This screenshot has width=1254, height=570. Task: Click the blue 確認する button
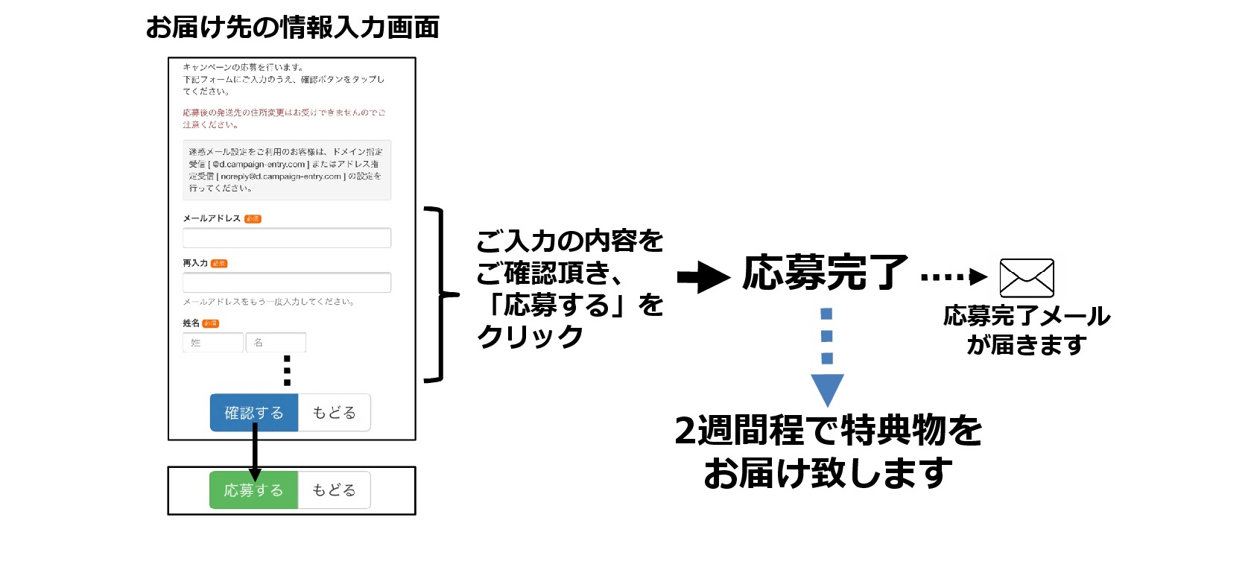tap(254, 413)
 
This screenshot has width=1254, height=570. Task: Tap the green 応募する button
tap(253, 490)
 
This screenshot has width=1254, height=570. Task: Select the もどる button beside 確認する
tap(334, 413)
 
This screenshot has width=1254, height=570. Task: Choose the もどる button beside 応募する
tap(334, 490)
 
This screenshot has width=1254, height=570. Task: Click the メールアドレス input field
tap(287, 238)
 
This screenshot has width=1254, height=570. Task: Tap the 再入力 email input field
tap(287, 282)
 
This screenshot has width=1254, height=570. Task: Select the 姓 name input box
tap(213, 343)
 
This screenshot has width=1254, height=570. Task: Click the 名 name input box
tap(276, 343)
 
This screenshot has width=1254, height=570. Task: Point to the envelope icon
tap(1026, 278)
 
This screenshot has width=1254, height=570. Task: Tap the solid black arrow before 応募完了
tap(703, 278)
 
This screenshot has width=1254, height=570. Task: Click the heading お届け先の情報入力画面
tap(292, 28)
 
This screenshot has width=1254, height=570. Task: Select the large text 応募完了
tap(825, 273)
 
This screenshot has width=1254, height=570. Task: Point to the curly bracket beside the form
tap(440, 295)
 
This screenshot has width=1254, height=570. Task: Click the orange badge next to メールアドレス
tap(253, 219)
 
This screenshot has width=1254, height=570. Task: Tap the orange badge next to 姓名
tap(211, 323)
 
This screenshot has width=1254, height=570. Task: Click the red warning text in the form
tap(284, 118)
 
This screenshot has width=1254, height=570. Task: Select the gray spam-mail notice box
tap(287, 170)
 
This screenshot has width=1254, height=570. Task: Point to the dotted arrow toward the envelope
tap(954, 278)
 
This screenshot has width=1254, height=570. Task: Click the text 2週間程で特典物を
tap(828, 431)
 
